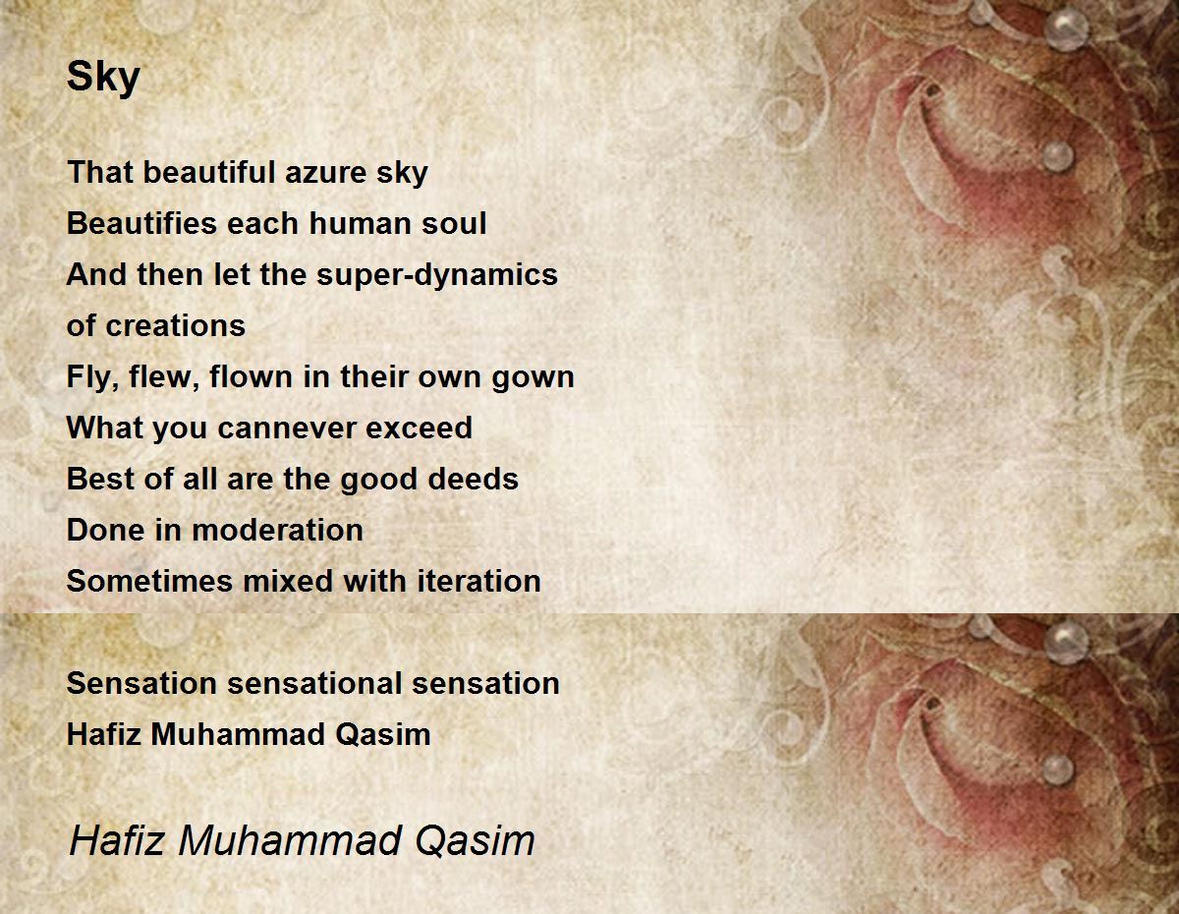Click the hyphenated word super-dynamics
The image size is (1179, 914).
[x=437, y=274]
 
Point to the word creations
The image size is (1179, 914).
[x=175, y=325]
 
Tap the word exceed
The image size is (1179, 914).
[x=419, y=428]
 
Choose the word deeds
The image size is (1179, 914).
[x=474, y=479]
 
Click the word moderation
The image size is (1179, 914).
[x=277, y=530]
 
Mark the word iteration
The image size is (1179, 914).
[x=479, y=581]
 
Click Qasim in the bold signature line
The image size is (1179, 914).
[x=383, y=734]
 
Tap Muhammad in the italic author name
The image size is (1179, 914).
[x=289, y=840]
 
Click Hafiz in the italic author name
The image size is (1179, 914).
[x=117, y=840]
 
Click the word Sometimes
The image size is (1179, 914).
[x=149, y=581]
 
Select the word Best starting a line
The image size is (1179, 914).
[x=100, y=479]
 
